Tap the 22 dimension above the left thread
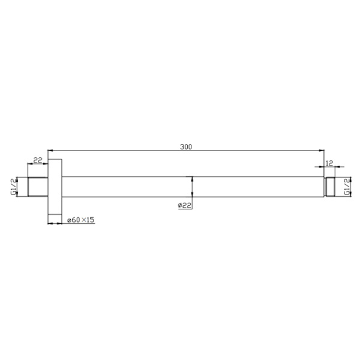tap(37, 160)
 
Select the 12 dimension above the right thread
tap(329, 163)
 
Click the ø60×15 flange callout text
tap(80, 220)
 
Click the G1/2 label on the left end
tap(13, 186)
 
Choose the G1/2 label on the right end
tap(346, 186)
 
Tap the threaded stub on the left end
tap(37, 186)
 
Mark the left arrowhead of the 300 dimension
tap(50, 150)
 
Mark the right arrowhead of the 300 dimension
tap(322, 150)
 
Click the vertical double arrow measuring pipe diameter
tap(191, 187)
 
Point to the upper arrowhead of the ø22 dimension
tap(191, 178)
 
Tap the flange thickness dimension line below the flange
tap(55, 224)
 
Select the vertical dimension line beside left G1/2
tap(18, 186)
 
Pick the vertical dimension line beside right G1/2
tap(341, 186)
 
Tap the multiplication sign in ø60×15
tap(82, 220)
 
